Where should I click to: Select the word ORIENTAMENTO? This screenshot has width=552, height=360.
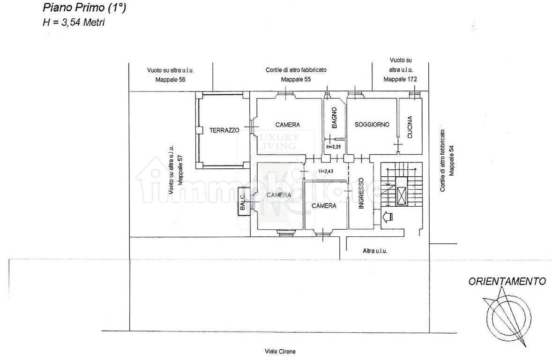(x=507, y=282)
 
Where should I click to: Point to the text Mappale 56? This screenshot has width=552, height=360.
(x=171, y=80)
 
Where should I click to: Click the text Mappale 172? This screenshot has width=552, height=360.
(x=400, y=80)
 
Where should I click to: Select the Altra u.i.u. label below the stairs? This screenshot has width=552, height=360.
(x=375, y=251)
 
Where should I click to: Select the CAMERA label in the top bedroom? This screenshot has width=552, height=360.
(x=287, y=125)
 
